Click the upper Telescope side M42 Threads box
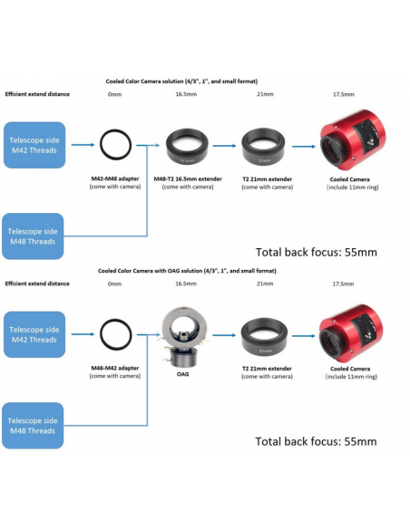click(34, 145)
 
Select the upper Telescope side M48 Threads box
click(33, 236)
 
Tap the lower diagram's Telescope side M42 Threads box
click(34, 334)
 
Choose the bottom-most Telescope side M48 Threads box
click(33, 426)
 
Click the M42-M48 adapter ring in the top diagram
click(116, 130)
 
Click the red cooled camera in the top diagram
click(353, 139)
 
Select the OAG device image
click(183, 337)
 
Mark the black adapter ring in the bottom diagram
click(116, 320)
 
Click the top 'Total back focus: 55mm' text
click(316, 252)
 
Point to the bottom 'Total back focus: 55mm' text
click(316, 441)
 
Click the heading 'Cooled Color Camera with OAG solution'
click(187, 271)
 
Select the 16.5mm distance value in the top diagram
click(186, 94)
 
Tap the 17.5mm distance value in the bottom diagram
click(343, 284)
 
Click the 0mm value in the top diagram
click(114, 94)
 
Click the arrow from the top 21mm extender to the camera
click(304, 147)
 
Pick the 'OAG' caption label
click(182, 374)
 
